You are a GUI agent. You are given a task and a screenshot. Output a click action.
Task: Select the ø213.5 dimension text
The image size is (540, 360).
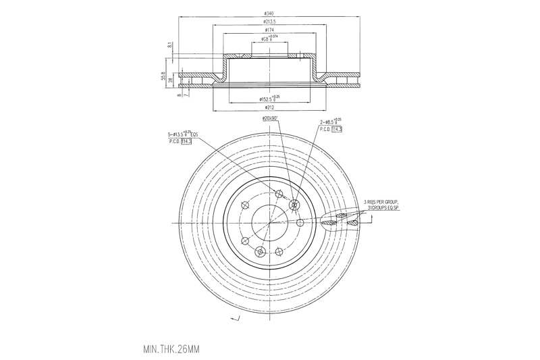[270, 21]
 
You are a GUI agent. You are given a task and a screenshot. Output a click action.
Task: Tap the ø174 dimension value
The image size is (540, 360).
[270, 30]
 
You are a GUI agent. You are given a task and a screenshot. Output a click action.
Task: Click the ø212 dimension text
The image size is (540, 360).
[269, 108]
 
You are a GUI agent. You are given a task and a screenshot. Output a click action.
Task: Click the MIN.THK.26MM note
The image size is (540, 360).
[171, 350]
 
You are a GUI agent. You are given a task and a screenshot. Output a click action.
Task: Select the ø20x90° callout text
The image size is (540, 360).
[271, 119]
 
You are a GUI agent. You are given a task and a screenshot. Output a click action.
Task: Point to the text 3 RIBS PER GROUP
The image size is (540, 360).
[381, 201]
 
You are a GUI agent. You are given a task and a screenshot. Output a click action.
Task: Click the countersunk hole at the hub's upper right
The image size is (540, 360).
[294, 205]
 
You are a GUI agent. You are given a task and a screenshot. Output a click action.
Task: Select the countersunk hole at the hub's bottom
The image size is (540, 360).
[259, 251]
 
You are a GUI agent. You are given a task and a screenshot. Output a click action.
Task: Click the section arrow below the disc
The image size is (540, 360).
[236, 318]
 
